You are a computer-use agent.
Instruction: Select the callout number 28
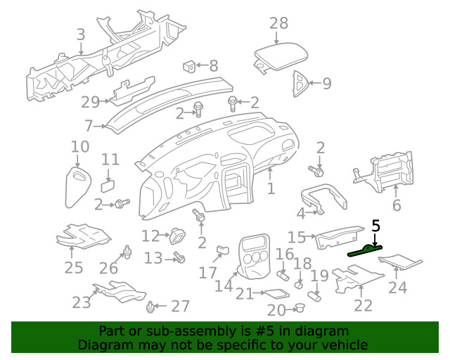click(279, 22)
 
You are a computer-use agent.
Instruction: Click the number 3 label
click(81, 34)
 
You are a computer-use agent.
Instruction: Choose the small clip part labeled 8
click(188, 66)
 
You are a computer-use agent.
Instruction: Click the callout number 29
click(91, 102)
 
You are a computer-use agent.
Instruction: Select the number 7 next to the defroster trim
click(89, 127)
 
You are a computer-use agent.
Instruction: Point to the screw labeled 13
click(179, 259)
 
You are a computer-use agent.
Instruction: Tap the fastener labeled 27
click(150, 307)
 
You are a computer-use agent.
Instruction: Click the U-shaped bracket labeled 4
click(323, 199)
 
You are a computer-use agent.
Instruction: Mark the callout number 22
click(363, 305)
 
